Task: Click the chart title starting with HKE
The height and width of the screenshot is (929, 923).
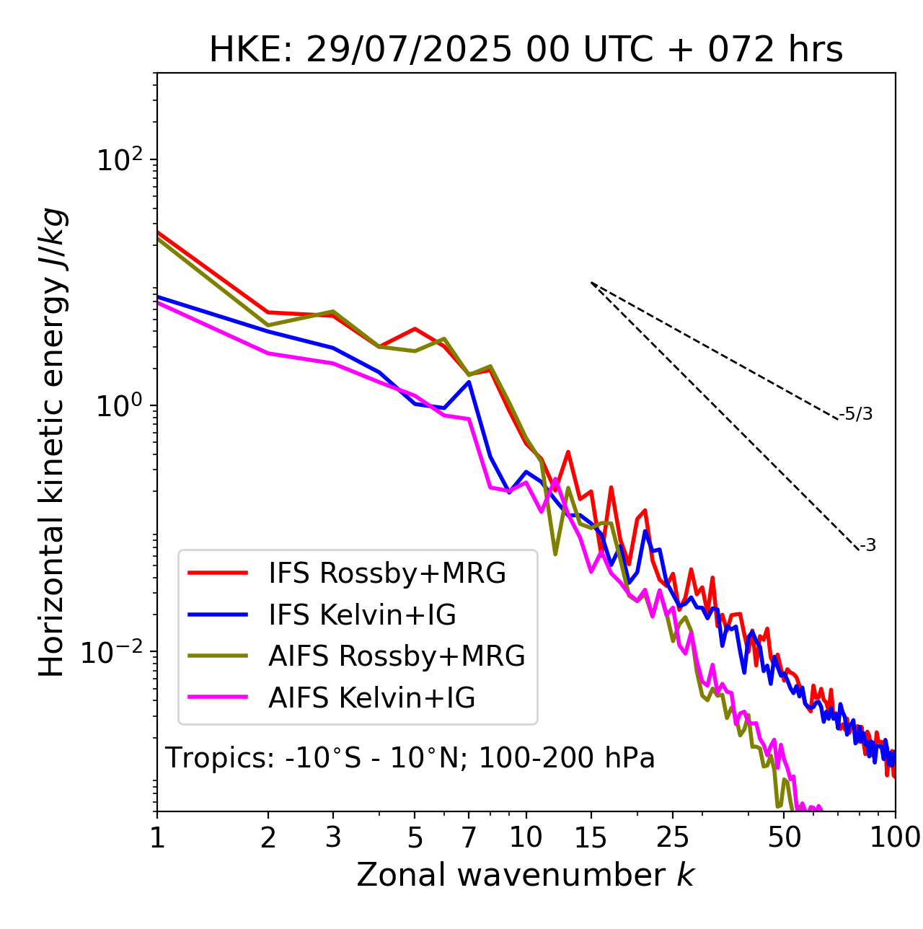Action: pyautogui.click(x=526, y=50)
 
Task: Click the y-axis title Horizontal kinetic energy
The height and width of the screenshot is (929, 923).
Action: pyautogui.click(x=53, y=441)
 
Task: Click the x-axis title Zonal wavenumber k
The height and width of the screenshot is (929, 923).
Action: pyautogui.click(x=526, y=875)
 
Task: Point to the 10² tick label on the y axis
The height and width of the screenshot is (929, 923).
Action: pyautogui.click(x=118, y=159)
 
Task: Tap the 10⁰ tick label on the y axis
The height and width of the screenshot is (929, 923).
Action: pyautogui.click(x=118, y=405)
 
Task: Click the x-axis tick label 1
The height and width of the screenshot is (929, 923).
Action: pyautogui.click(x=157, y=837)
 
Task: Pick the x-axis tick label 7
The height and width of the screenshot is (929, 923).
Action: pyautogui.click(x=469, y=837)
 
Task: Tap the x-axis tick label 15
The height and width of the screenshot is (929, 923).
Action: pyautogui.click(x=591, y=837)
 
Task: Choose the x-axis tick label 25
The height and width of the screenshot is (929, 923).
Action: pyautogui.click(x=673, y=837)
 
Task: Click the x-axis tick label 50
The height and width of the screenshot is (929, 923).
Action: pyautogui.click(x=784, y=837)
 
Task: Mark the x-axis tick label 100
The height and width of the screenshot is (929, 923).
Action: pyautogui.click(x=895, y=837)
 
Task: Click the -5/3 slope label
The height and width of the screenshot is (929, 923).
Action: pyautogui.click(x=856, y=414)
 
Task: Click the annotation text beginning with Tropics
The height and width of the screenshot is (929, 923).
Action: pyautogui.click(x=410, y=758)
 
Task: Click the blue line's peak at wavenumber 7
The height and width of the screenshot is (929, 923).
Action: pyautogui.click(x=469, y=382)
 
